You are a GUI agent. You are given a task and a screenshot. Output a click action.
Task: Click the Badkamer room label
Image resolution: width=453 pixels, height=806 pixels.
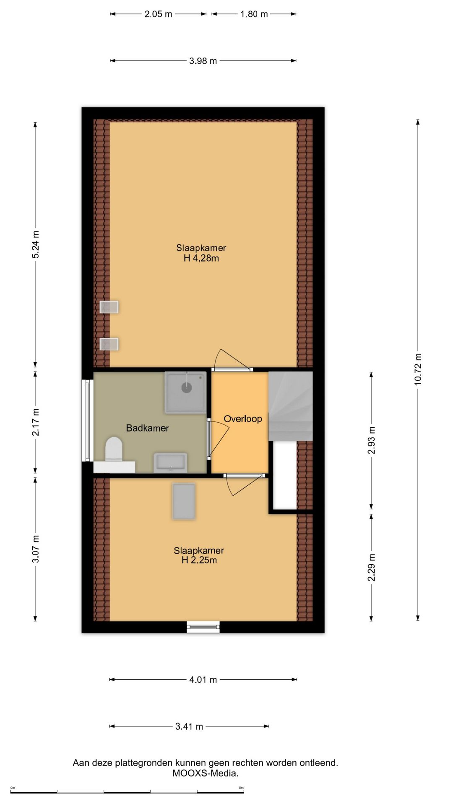click(148, 428)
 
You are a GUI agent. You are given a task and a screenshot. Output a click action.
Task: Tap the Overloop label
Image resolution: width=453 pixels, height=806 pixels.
click(243, 419)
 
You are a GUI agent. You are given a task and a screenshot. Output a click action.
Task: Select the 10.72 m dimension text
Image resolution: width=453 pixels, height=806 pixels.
click(418, 369)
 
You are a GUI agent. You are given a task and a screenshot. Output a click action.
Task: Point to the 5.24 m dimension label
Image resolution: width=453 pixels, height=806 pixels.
click(36, 244)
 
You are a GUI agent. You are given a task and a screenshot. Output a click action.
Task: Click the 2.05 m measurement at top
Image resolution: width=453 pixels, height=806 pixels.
click(158, 14)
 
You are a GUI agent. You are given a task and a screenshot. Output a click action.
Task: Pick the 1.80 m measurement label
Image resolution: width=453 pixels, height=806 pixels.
click(254, 14)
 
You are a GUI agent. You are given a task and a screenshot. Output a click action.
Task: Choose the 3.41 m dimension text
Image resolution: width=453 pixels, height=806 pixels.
click(189, 726)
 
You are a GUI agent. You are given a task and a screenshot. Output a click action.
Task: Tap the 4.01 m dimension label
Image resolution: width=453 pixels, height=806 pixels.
click(203, 680)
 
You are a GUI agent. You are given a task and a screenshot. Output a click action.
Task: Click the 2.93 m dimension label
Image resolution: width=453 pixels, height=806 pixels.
click(371, 440)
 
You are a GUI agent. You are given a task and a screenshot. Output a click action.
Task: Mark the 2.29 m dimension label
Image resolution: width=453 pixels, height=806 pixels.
click(371, 568)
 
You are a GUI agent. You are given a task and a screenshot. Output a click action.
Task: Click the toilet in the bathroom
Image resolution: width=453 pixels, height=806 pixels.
click(114, 449)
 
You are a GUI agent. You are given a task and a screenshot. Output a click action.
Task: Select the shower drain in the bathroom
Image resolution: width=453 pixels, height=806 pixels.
click(186, 387)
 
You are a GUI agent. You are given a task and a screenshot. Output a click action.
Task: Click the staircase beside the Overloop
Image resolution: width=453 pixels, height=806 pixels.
click(290, 406)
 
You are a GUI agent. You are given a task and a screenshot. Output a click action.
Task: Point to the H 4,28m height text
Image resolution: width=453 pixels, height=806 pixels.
click(201, 258)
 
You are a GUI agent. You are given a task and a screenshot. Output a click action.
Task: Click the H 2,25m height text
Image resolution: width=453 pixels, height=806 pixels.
click(199, 560)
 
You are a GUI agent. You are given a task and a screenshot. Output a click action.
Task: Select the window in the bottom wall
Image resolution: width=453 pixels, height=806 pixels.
click(203, 627)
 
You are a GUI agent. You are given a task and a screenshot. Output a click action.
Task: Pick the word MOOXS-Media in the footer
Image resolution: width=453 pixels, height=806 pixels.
click(206, 773)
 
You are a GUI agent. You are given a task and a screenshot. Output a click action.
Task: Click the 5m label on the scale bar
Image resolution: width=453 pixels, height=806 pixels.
click(241, 788)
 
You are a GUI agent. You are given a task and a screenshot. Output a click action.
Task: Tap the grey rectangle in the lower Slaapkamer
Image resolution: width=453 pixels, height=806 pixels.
click(184, 501)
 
